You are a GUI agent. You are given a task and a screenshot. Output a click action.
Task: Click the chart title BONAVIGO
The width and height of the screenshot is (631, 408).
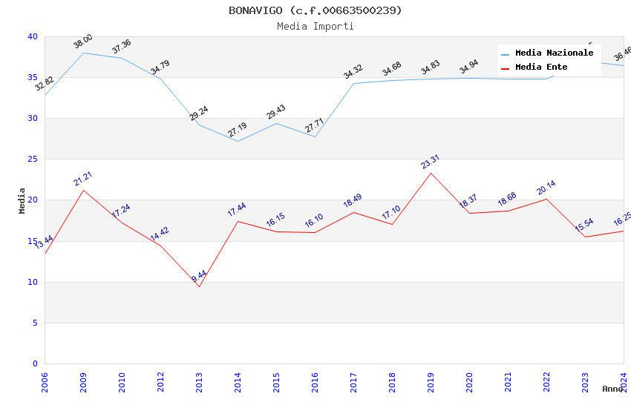coord(315,10)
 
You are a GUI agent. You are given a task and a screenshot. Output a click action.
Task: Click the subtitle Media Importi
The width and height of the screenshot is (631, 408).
coord(315,27)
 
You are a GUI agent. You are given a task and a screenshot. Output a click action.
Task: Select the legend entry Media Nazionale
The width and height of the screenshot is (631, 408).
coord(554,53)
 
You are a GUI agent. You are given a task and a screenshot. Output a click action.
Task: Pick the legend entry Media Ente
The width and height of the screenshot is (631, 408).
coord(541,68)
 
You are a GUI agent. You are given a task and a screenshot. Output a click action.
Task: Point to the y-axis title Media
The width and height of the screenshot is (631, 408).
coord(22,200)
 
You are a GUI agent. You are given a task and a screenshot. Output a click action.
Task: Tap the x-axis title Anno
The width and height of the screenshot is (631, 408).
coord(612,389)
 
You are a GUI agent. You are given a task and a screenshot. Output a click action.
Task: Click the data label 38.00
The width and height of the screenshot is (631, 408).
coord(83,42)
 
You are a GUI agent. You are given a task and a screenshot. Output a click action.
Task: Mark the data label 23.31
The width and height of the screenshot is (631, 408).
coord(431,162)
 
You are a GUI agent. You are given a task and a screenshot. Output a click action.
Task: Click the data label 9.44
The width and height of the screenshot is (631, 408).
coord(199,277)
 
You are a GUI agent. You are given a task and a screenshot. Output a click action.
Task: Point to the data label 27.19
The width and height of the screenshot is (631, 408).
coord(238,131)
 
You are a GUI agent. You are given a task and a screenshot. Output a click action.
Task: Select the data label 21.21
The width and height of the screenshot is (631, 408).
coord(83,179)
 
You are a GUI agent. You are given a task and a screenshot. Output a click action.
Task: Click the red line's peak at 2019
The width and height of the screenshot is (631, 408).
coord(431,173)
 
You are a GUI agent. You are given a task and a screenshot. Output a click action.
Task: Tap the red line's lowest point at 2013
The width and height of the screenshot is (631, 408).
coord(199,286)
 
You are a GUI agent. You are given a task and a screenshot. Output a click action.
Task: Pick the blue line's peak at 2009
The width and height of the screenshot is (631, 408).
coord(83,53)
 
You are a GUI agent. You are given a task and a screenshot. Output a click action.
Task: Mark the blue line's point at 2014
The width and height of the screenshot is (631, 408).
coord(238,141)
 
